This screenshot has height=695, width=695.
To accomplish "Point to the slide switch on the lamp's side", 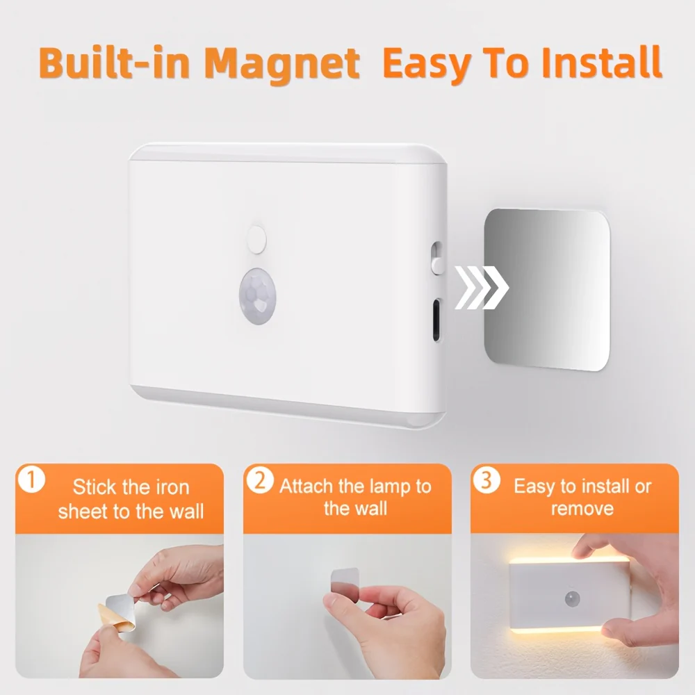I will (x=436, y=256).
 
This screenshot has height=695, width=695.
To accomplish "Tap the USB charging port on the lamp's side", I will (x=436, y=320).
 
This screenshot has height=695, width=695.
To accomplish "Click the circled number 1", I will (x=32, y=481).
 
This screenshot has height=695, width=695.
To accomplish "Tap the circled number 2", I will (x=260, y=481).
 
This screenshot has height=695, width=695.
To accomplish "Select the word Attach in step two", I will (x=306, y=486).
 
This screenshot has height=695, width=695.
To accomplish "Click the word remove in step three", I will (x=582, y=509).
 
